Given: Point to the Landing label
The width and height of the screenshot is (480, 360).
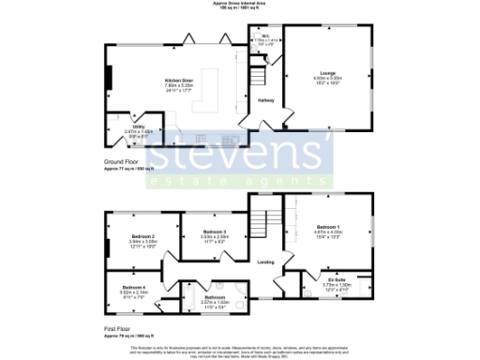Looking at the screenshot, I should tap(266, 262).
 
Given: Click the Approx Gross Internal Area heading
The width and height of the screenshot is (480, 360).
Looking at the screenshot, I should tap(240, 4).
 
